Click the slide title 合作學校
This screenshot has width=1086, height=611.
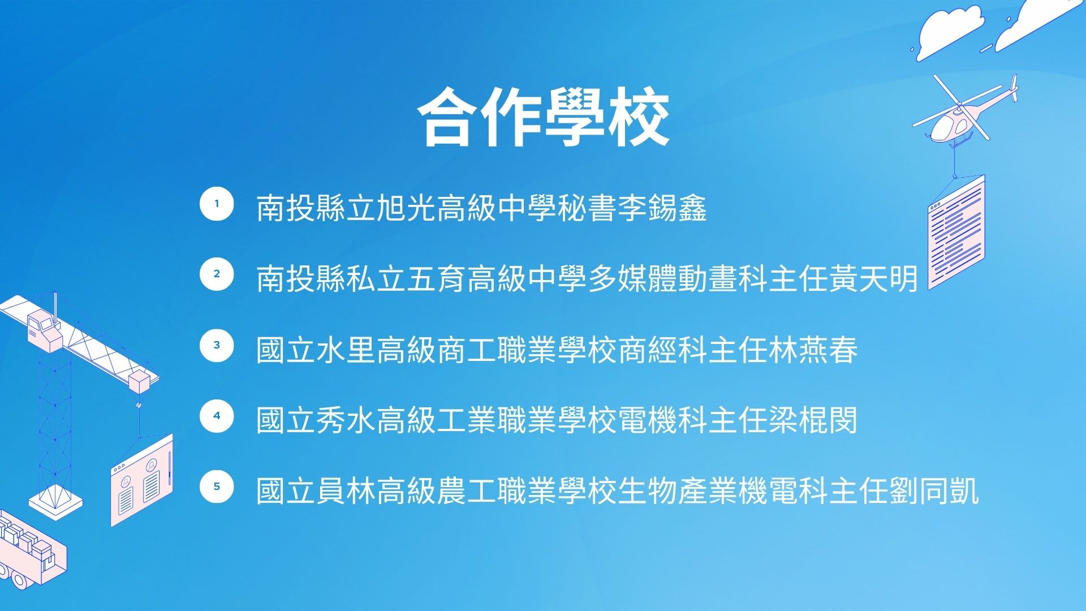(x=544, y=118)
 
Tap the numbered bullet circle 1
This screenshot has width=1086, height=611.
(x=217, y=204)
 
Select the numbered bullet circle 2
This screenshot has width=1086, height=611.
(x=217, y=274)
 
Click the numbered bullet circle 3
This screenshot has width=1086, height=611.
(x=217, y=345)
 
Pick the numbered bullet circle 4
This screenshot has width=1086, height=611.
(x=217, y=416)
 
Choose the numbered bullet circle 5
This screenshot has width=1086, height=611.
(x=217, y=487)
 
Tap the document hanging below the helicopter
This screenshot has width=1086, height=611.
(x=956, y=232)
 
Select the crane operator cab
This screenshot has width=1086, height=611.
(x=44, y=331)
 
